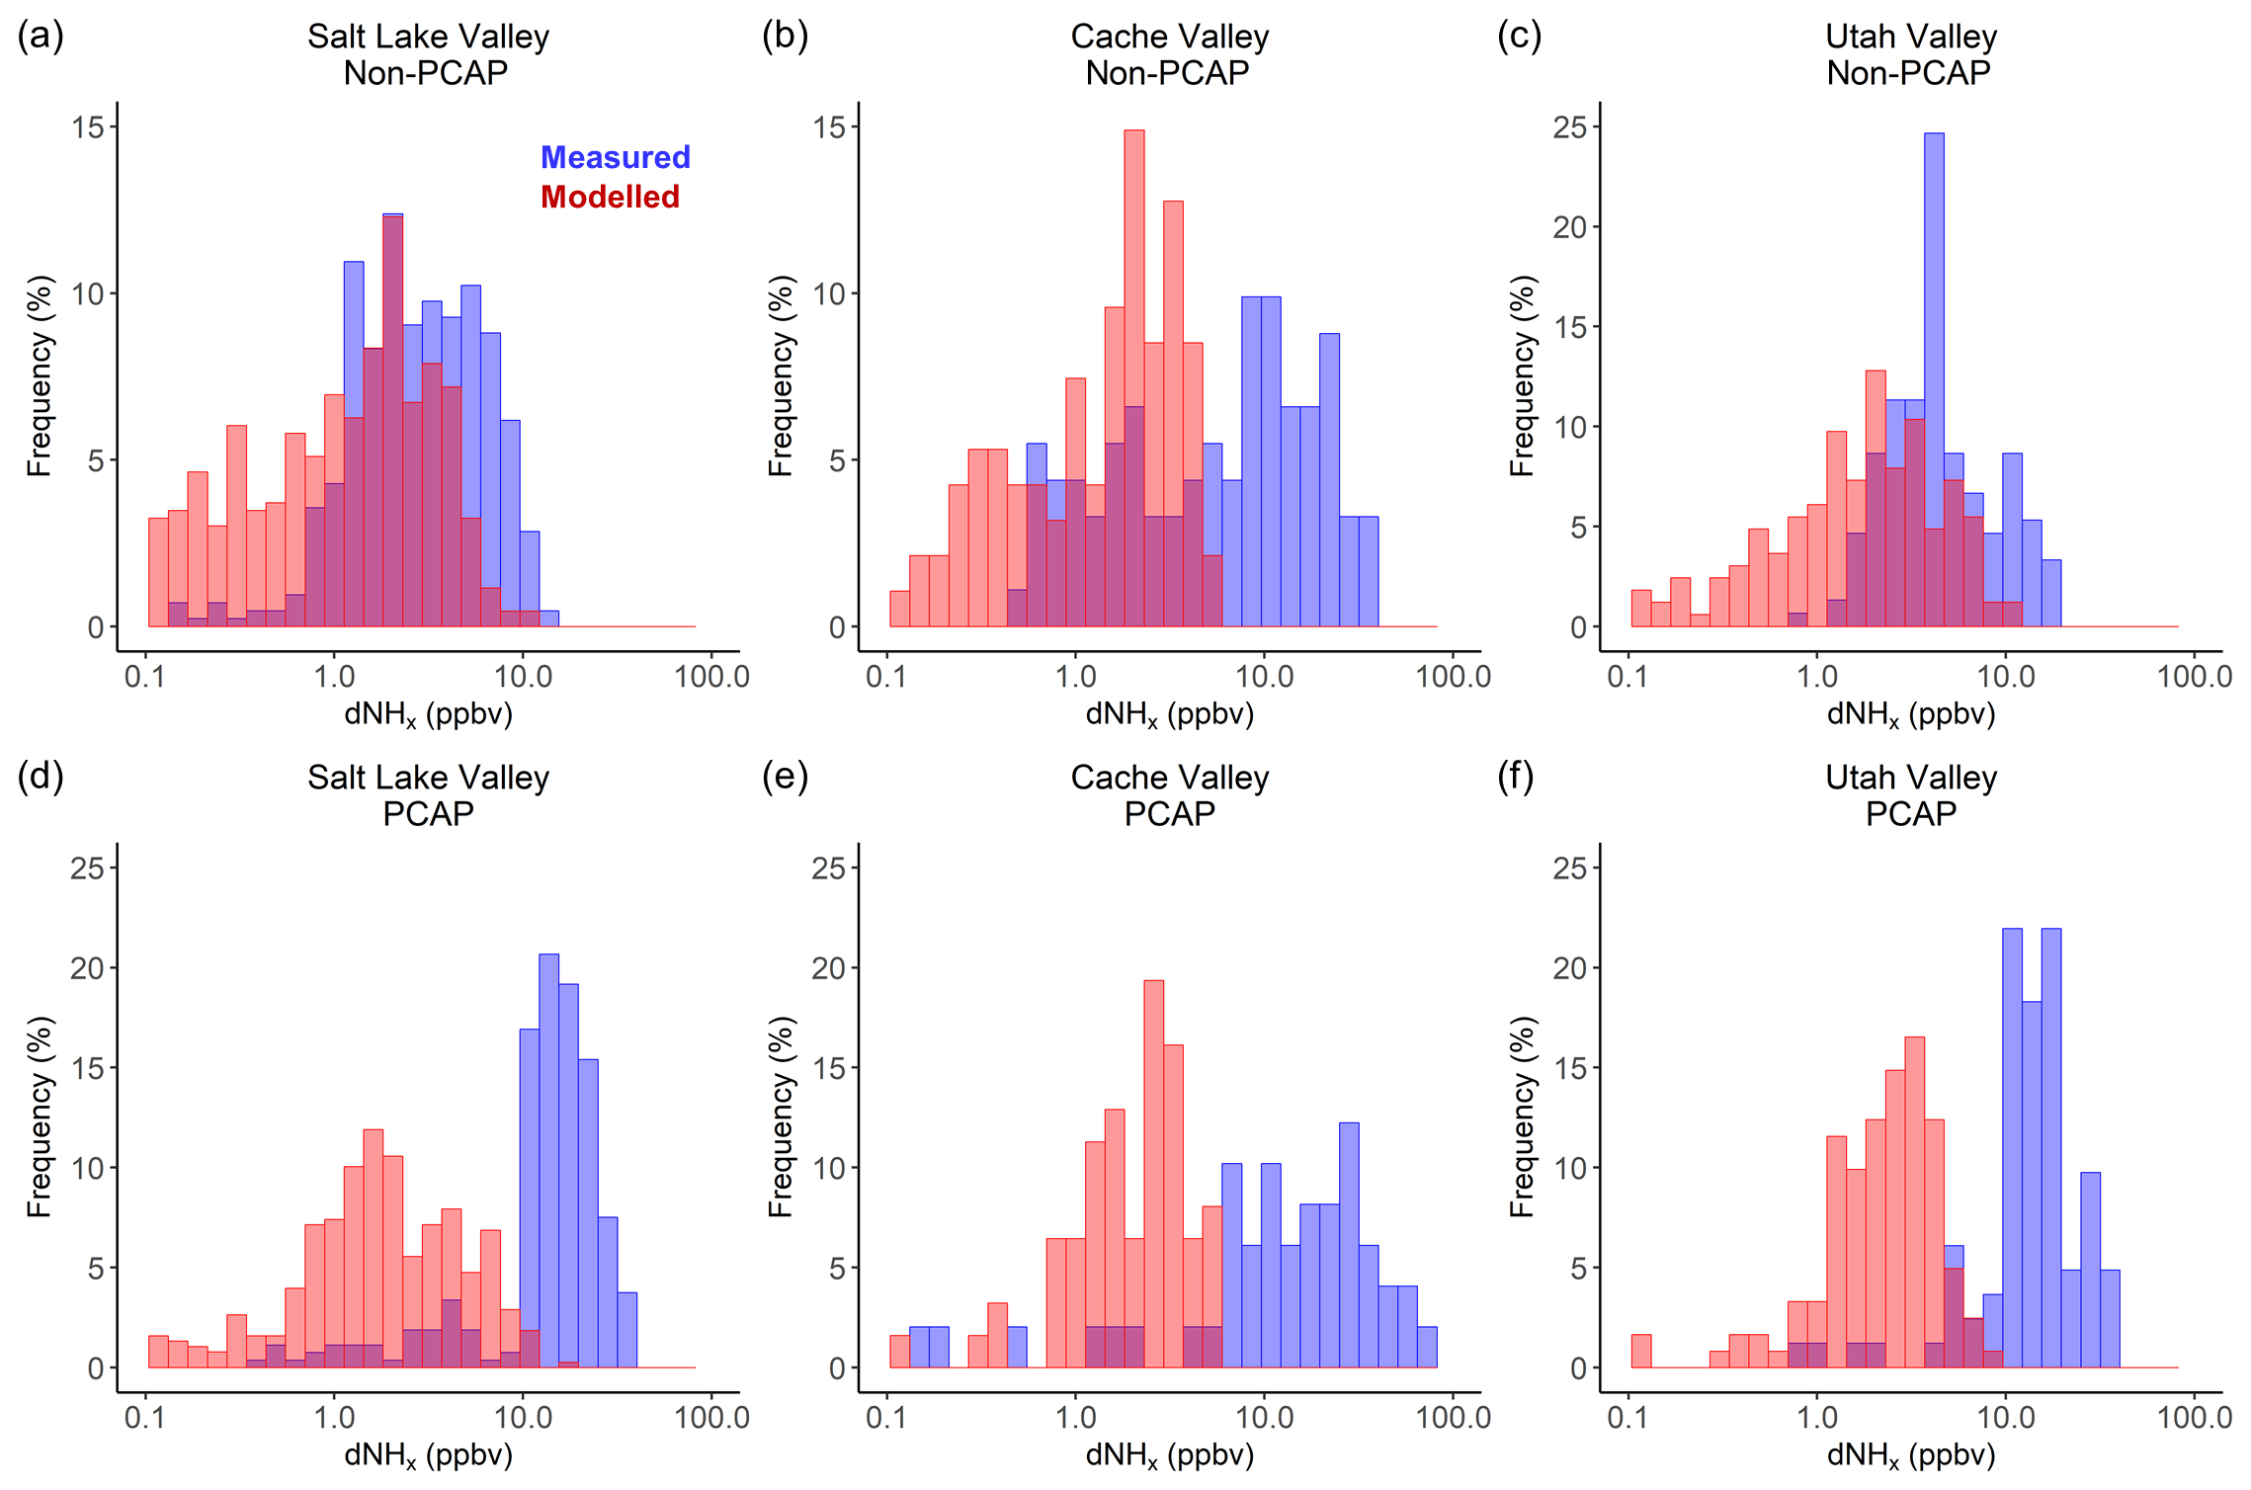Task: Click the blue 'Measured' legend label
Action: [x=615, y=157]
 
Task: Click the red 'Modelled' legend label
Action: [x=610, y=197]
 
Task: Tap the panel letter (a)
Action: [x=41, y=36]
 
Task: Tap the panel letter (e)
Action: [x=785, y=777]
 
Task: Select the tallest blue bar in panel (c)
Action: [x=1934, y=380]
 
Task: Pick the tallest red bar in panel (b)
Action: [x=1134, y=378]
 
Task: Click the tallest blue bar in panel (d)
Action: [x=548, y=1161]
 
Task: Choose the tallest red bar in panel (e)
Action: [x=1153, y=1174]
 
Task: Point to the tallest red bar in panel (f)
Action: [x=1914, y=1201]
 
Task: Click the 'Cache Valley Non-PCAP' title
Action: [x=1169, y=54]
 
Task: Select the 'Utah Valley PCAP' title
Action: [x=1910, y=795]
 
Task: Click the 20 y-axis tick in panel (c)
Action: [x=1570, y=227]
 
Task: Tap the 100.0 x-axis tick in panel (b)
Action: [x=1454, y=677]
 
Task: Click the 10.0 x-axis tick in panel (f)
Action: [x=2005, y=1418]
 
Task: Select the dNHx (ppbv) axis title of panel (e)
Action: [x=1169, y=1455]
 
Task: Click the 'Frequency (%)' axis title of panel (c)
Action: [x=1522, y=375]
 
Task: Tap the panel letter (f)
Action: [x=1516, y=777]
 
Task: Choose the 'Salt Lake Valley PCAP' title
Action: [x=428, y=795]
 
